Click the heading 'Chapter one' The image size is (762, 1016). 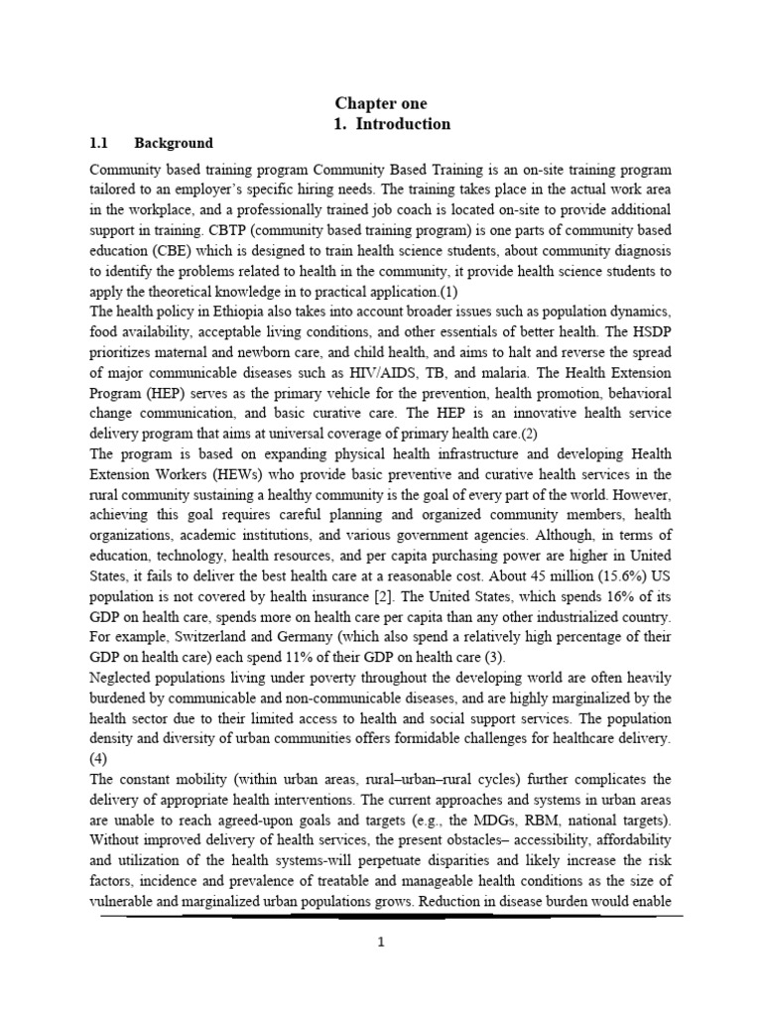click(x=380, y=103)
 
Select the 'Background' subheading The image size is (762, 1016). click(x=173, y=143)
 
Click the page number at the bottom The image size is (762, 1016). click(x=381, y=944)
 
